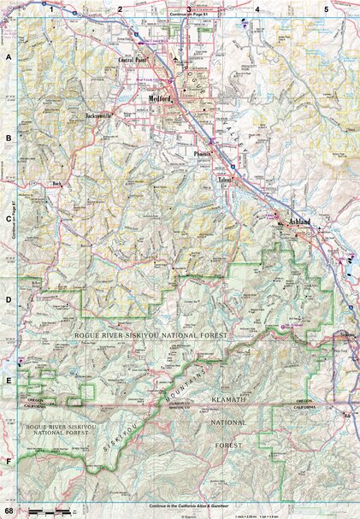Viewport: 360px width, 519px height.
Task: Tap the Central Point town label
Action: pos(133,61)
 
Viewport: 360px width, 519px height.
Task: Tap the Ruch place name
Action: pos(58,182)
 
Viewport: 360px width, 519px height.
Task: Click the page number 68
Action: pos(8,510)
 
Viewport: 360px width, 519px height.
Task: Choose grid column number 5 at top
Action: pos(326,8)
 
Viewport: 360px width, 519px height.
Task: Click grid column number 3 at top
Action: pos(189,8)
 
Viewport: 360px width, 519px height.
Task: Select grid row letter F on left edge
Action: pos(9,461)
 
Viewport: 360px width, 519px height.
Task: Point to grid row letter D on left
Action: pos(9,299)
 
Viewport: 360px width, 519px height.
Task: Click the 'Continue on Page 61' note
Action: pos(189,15)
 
